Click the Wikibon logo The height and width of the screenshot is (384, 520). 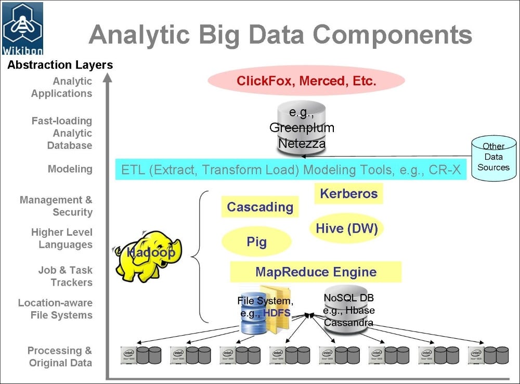click(22, 29)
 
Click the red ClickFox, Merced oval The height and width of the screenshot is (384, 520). click(306, 81)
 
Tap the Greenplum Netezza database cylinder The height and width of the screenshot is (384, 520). click(302, 128)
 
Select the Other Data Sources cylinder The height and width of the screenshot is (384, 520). click(493, 157)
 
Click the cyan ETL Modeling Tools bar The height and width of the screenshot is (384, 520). click(291, 170)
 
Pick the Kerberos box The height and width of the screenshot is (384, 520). click(348, 194)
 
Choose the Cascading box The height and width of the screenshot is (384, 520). click(260, 207)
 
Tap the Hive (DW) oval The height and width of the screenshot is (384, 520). click(346, 228)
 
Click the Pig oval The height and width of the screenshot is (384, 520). click(256, 242)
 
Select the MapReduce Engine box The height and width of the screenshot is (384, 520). click(316, 272)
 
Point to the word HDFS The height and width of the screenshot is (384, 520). click(277, 313)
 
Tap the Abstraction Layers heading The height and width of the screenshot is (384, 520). click(60, 65)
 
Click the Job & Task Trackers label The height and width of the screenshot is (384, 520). click(65, 276)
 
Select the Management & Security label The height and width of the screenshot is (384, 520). click(56, 206)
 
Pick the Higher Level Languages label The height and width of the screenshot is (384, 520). click(61, 238)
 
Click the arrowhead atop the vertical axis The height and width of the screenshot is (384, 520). click(108, 78)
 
